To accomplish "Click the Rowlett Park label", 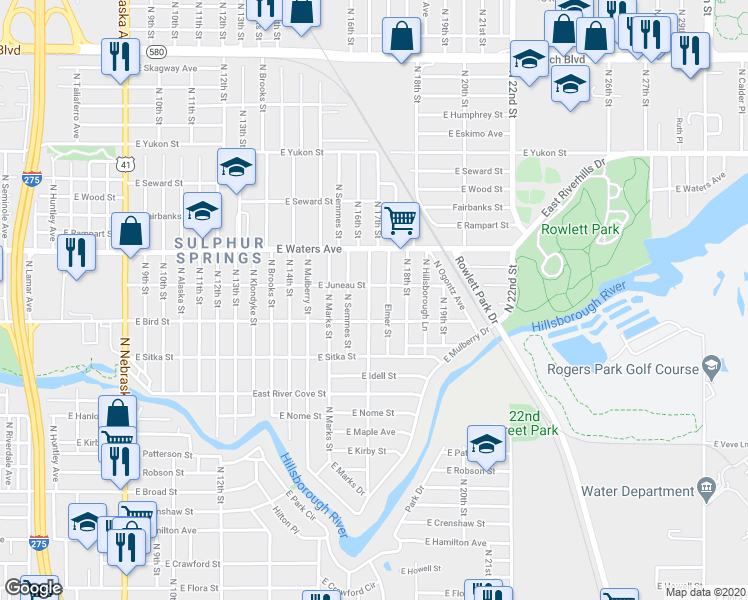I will click(580, 229).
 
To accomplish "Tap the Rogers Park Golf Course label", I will click(622, 369).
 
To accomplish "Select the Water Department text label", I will click(636, 491).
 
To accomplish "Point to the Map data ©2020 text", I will click(705, 592).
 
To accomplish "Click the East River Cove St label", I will click(289, 394).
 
